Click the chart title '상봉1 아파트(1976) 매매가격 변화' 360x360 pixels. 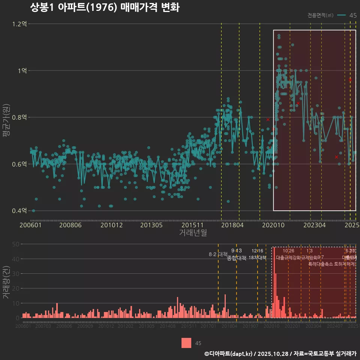coord(105,8)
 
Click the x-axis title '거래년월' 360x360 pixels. coord(193,233)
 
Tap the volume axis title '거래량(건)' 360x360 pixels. coord(6,281)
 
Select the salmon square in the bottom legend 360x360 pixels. coord(186,343)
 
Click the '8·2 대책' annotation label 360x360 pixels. coord(218,254)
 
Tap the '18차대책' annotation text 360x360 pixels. coord(257,258)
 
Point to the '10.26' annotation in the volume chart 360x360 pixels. coord(288,251)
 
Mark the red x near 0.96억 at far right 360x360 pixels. coord(350,80)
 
